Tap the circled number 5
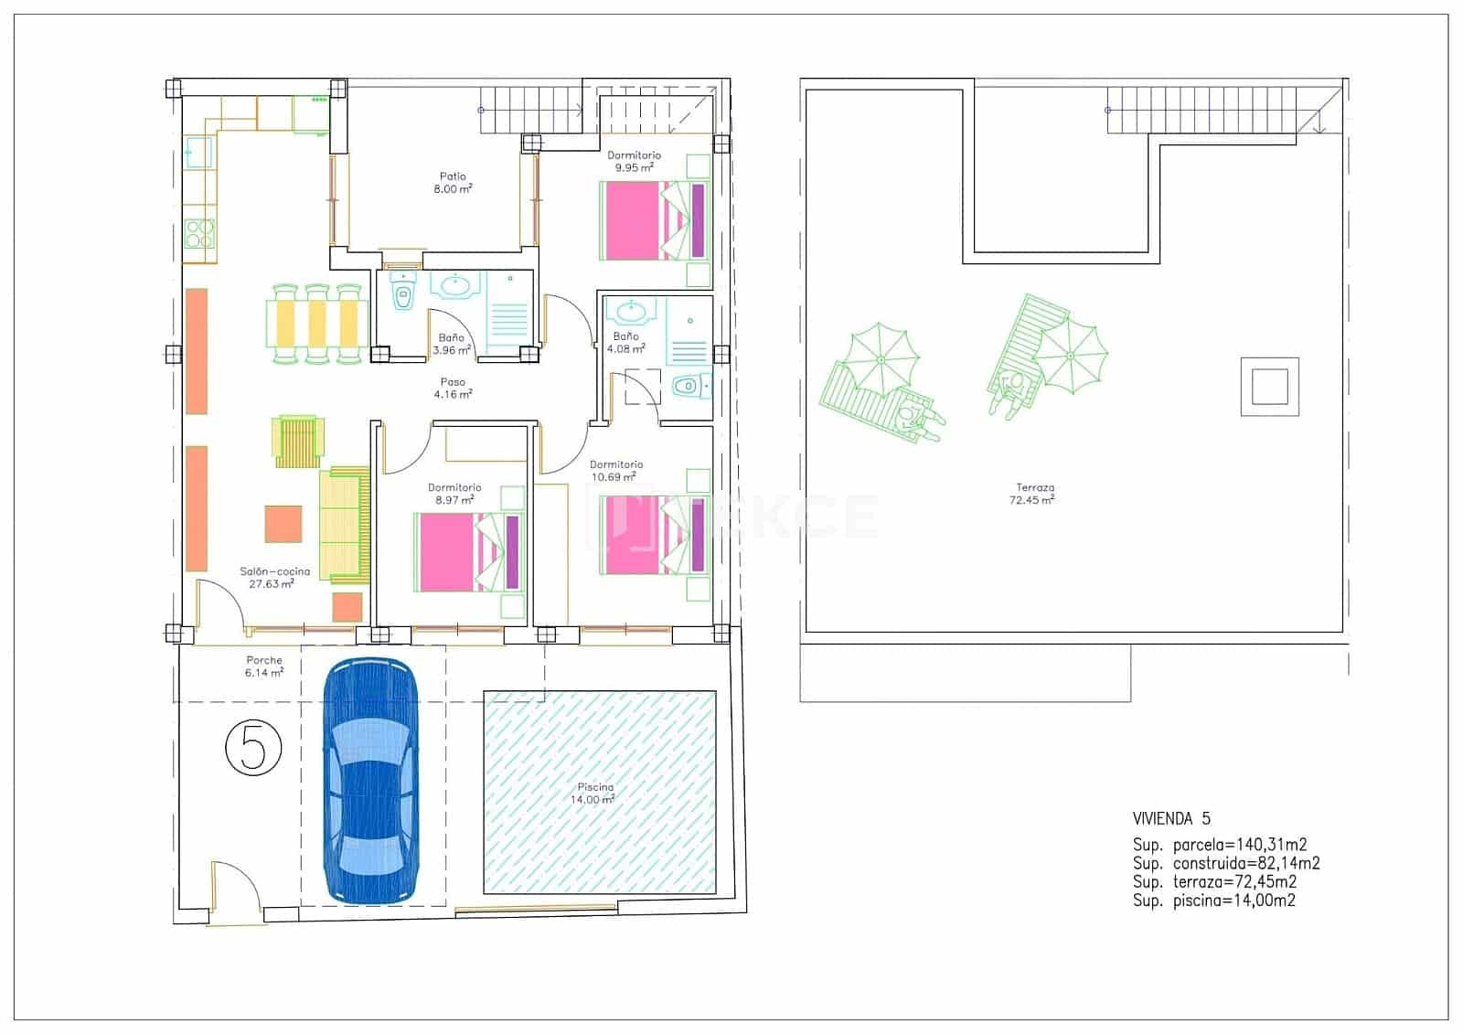click(253, 747)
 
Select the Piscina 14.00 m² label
click(595, 793)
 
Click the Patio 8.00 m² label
click(453, 183)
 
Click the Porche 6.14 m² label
click(264, 666)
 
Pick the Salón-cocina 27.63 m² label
click(274, 577)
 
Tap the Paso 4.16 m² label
click(453, 389)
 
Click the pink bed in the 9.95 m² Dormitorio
click(631, 220)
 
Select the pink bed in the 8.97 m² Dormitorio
click(446, 551)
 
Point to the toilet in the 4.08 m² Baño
click(688, 387)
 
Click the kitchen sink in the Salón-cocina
click(198, 153)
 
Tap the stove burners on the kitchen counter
click(198, 234)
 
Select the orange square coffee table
click(283, 524)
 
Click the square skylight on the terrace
click(1269, 386)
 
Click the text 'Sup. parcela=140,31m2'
click(1225, 846)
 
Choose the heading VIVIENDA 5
click(1171, 818)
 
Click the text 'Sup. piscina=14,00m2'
click(1213, 901)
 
